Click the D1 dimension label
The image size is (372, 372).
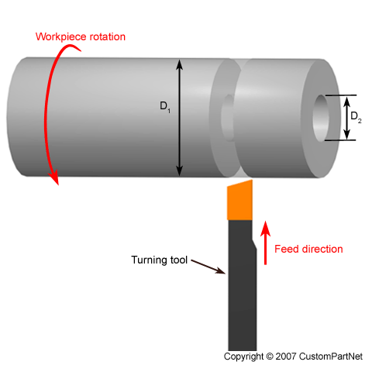coord(165,107)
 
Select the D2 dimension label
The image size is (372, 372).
coord(356,117)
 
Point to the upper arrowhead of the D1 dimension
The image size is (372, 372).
coord(179,64)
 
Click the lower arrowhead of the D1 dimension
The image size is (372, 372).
coord(179,171)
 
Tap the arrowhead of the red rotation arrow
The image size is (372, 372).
coord(55,178)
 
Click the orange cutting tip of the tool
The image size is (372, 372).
coord(239,200)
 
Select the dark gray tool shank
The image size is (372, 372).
coord(242,285)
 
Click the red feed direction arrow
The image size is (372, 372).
coord(265,243)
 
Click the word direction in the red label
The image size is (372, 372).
coord(322,249)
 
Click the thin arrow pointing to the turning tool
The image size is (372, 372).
coord(208,267)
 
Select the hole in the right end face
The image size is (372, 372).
coord(321,118)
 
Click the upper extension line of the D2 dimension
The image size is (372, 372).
coord(340,95)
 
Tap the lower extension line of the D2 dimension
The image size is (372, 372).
coord(340,140)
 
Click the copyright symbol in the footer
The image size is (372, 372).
coord(270,356)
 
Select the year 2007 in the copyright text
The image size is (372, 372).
coord(286,356)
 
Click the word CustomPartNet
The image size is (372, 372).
coord(331,356)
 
